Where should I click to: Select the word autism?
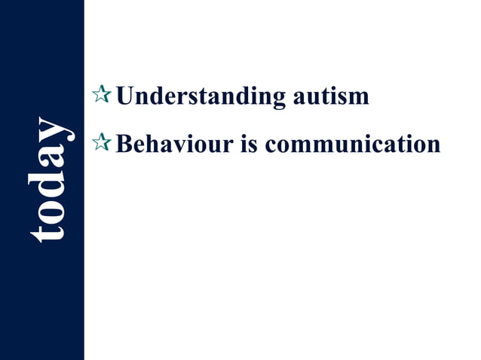(x=328, y=96)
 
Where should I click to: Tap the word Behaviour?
(x=175, y=142)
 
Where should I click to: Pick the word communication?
(x=354, y=142)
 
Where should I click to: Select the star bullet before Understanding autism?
(x=101, y=95)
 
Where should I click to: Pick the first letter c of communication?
(x=273, y=144)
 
